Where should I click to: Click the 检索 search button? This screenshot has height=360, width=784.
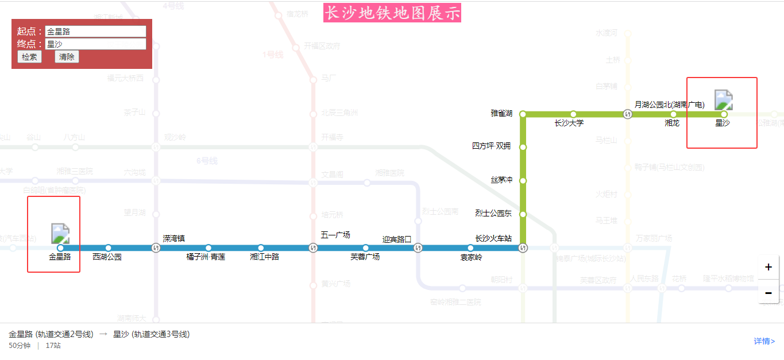(29, 57)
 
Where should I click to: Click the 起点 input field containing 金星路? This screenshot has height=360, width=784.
(95, 32)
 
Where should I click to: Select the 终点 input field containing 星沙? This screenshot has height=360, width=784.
(95, 44)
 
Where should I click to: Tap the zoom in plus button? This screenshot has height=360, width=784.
(768, 268)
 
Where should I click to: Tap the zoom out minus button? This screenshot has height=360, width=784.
(768, 292)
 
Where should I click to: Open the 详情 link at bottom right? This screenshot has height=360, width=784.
(764, 342)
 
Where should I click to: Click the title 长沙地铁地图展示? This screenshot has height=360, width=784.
(392, 13)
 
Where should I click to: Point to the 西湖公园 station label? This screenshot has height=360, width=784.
(107, 257)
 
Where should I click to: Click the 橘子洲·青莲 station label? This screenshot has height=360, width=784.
(206, 257)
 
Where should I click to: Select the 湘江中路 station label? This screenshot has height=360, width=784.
(264, 257)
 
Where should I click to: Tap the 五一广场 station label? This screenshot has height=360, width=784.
(335, 235)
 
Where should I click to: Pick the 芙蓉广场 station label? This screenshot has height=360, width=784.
(365, 257)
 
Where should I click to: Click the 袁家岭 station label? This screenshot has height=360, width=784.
(471, 258)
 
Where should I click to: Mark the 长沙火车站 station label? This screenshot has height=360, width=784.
(493, 238)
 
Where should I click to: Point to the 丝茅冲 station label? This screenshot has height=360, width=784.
(501, 180)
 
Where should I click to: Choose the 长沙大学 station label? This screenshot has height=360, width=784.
(569, 123)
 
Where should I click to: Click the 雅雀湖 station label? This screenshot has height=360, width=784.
(501, 114)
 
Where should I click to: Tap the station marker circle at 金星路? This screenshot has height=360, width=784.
(61, 248)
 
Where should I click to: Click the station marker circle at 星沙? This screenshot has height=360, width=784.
(724, 114)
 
